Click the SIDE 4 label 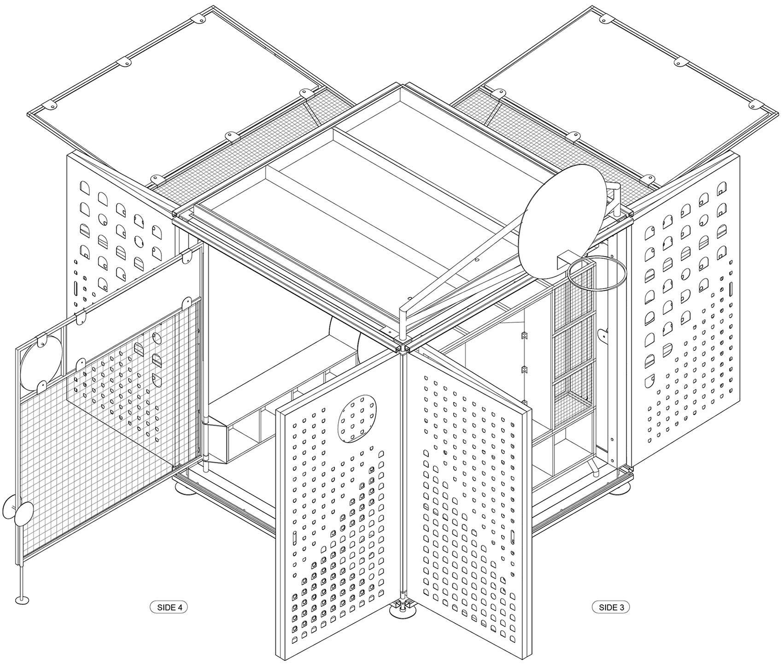169,607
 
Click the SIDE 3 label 611,607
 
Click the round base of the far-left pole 22,600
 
